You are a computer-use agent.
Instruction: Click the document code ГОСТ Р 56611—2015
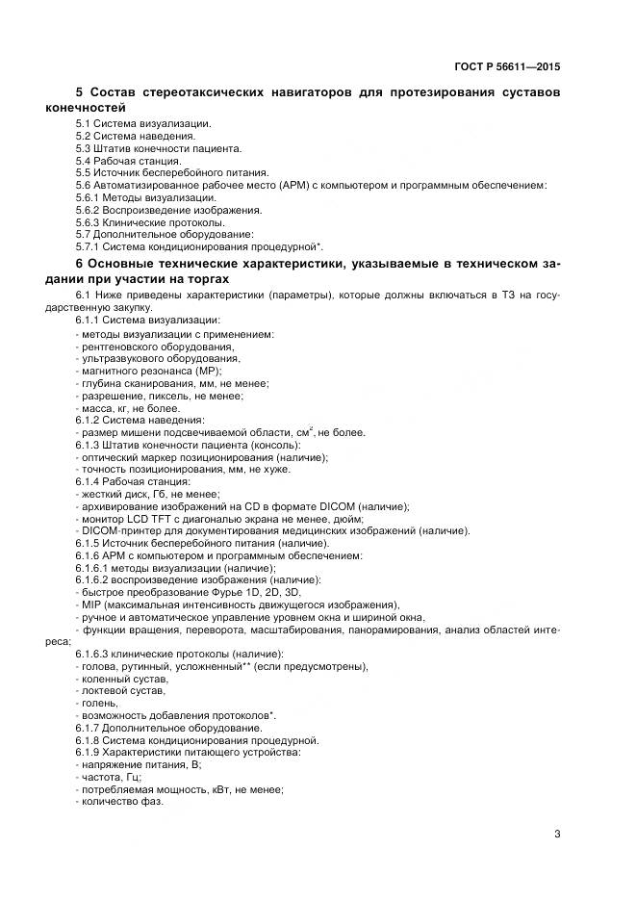click(507, 66)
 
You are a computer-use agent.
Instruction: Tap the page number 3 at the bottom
click(557, 835)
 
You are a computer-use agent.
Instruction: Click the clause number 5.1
click(85, 124)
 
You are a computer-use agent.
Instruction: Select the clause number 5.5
click(85, 172)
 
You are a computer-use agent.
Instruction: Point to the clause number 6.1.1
click(89, 320)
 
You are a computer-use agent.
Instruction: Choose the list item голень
click(99, 704)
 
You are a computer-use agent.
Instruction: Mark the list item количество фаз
click(122, 802)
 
